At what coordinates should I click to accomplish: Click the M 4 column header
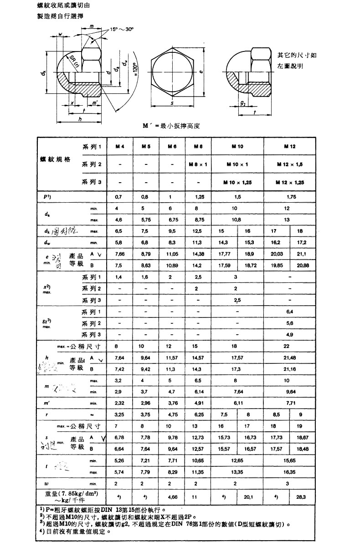(120, 146)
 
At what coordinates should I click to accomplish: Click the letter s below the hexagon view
(173, 103)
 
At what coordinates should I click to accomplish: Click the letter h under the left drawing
(80, 119)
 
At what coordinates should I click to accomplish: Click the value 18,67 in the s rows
(302, 437)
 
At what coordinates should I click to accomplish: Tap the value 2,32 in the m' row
(120, 403)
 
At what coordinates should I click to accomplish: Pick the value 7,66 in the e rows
(120, 253)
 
